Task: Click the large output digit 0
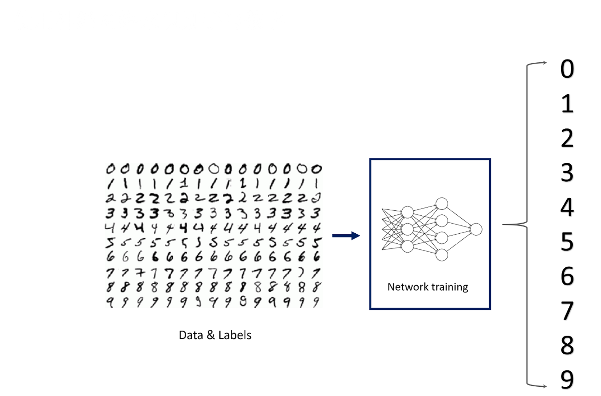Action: click(567, 69)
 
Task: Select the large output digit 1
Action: click(567, 104)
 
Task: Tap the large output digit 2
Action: click(567, 138)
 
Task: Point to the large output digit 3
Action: click(567, 173)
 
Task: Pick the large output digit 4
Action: click(567, 207)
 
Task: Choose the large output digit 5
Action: click(567, 242)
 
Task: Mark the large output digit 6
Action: click(567, 276)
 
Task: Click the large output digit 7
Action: click(567, 311)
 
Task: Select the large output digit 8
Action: click(567, 345)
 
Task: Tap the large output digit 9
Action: click(567, 380)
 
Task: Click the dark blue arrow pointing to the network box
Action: click(346, 235)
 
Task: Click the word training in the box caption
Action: click(449, 287)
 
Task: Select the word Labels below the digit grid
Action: click(235, 335)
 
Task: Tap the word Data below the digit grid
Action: click(191, 335)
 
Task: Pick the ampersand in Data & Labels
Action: click(211, 335)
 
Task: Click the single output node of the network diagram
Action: click(476, 229)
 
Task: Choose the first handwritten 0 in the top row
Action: click(111, 169)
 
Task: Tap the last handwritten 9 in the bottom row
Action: click(316, 302)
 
